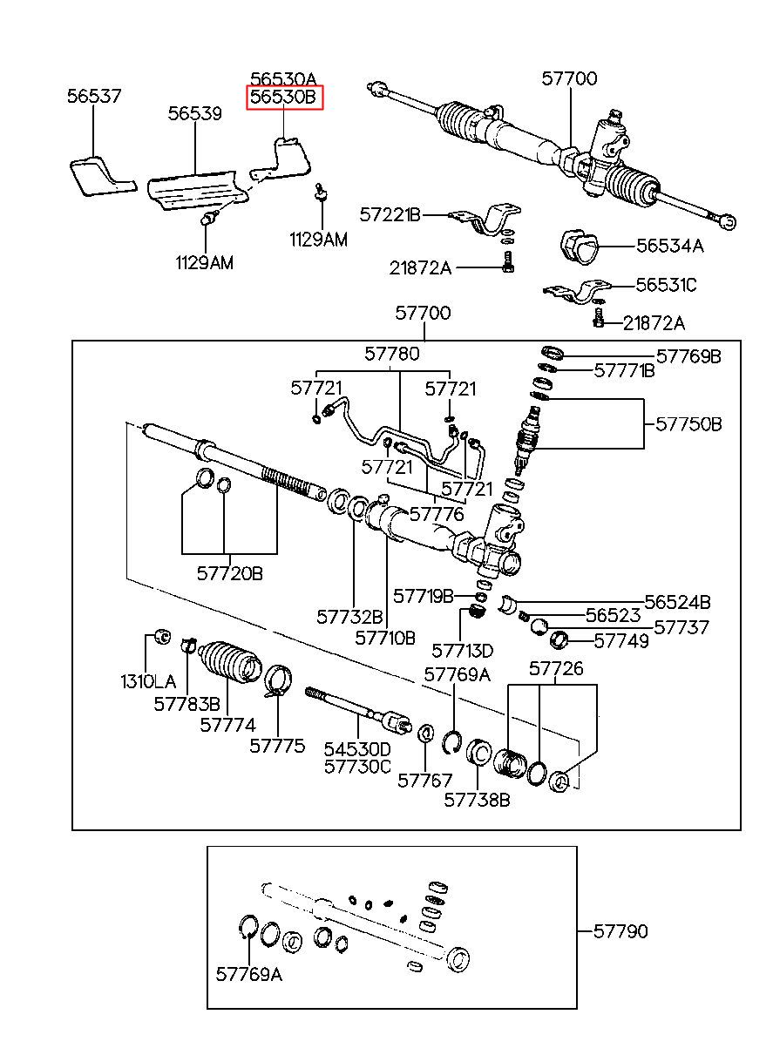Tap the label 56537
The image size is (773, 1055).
(x=94, y=97)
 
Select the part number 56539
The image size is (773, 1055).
(x=194, y=113)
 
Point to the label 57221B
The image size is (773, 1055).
(x=390, y=214)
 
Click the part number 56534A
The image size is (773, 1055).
(x=669, y=246)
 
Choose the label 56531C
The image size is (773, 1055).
(x=666, y=285)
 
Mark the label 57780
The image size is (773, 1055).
(x=391, y=354)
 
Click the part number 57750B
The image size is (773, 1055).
(x=688, y=424)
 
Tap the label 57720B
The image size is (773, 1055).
(x=229, y=573)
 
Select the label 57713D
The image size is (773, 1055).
(x=462, y=651)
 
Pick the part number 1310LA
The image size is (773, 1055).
(x=148, y=681)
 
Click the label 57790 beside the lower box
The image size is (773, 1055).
(x=620, y=931)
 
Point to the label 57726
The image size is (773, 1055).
(x=556, y=669)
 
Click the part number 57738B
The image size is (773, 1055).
(x=477, y=800)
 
